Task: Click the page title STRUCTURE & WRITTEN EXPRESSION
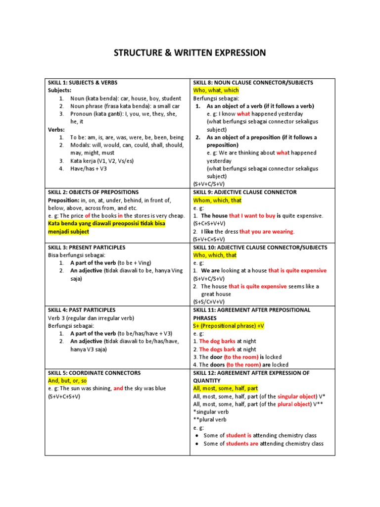pos(190,53)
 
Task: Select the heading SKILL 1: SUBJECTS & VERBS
pos(83,83)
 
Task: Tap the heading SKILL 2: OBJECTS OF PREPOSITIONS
pos(93,192)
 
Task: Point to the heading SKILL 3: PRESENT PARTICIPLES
pos(87,247)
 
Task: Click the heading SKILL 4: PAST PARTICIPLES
pos(82,310)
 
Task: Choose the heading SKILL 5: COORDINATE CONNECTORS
pos(94,373)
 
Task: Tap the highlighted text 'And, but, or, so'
pos(67,381)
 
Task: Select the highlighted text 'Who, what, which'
pos(216,91)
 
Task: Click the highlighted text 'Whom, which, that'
pos(217,200)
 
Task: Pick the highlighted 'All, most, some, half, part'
pos(226,389)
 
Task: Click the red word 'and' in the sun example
pos(118,389)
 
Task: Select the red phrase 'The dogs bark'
pos(217,349)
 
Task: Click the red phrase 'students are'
pos(242,444)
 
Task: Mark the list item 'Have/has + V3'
pos(89,169)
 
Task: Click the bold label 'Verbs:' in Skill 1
pos(57,130)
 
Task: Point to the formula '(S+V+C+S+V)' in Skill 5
pos(64,397)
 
